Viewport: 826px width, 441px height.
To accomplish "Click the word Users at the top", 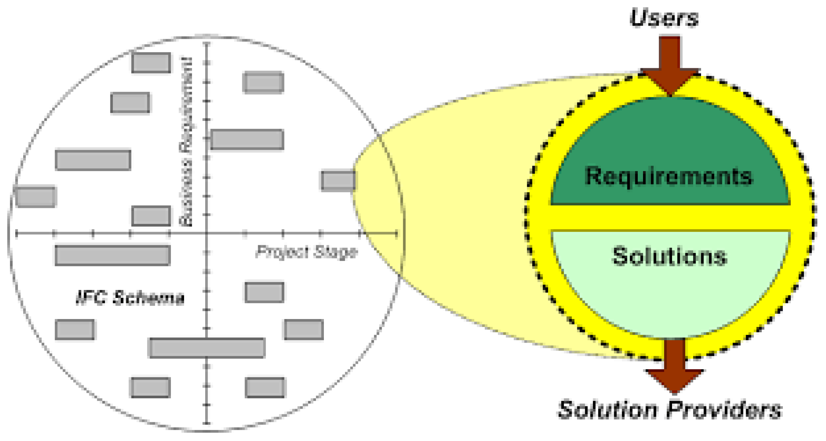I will click(664, 18).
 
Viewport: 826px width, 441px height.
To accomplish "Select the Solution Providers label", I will click(670, 410).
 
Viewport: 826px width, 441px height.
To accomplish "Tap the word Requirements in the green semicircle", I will click(669, 176).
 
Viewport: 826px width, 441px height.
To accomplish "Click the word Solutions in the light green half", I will click(670, 256).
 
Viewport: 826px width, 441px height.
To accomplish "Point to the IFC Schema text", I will click(130, 298).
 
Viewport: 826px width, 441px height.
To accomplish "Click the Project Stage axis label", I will click(307, 252).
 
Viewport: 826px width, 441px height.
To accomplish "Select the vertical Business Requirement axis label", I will click(186, 142).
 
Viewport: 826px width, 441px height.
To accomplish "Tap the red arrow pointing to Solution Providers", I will click(674, 367).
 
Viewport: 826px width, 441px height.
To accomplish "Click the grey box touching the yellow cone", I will click(338, 180).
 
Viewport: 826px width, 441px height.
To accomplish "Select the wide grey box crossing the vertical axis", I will click(207, 348).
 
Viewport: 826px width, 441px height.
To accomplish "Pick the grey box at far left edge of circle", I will click(36, 197).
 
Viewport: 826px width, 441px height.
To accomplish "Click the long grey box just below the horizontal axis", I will click(112, 256).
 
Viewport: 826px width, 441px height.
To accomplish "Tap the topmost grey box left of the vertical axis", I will click(151, 63).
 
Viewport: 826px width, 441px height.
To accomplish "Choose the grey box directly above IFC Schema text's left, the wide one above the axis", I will click(93, 160).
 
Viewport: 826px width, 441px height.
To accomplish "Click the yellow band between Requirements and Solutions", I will click(670, 218).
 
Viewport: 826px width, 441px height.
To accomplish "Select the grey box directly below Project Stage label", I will click(264, 292).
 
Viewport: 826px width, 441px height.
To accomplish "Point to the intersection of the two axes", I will click(207, 233).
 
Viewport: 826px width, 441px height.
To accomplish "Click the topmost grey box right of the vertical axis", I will click(264, 82).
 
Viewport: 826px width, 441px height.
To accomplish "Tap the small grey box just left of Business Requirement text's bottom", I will click(151, 216).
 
